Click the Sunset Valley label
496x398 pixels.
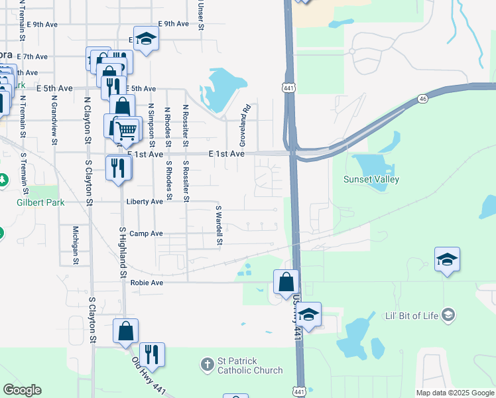point(371,179)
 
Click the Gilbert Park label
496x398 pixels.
point(40,202)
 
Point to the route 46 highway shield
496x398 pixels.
point(422,98)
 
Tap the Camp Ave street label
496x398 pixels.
point(146,233)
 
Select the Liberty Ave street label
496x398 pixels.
point(144,201)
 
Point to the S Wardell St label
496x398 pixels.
point(218,226)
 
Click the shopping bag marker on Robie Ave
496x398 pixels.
point(286,281)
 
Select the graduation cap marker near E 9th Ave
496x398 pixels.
point(146,38)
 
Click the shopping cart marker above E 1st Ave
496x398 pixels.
point(127,129)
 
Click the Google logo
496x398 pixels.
point(22,389)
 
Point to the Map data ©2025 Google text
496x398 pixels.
point(455,393)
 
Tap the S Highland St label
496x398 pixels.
point(123,252)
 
